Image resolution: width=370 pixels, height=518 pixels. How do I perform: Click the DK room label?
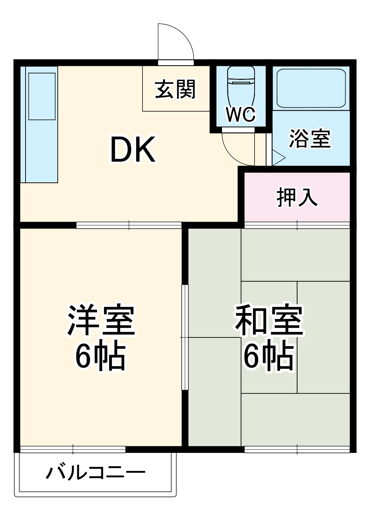point(133,149)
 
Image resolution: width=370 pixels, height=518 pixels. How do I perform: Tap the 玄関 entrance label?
point(175,90)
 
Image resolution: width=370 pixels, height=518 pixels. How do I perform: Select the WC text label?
point(241,115)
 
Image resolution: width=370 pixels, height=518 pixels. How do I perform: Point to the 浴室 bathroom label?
point(310,138)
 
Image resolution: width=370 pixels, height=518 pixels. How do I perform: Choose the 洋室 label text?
point(101,320)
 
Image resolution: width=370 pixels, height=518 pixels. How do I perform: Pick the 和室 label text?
point(269,320)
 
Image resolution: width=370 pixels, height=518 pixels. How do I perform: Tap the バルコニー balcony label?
point(95,473)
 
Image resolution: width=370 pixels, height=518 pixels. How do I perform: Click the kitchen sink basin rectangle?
point(42,96)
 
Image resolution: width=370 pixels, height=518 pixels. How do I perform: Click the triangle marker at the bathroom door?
point(277,157)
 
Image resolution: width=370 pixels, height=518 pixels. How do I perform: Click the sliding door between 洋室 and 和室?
point(185,337)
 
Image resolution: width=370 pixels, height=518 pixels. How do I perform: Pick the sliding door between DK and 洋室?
point(129,225)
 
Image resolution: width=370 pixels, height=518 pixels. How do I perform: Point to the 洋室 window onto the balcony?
point(73,450)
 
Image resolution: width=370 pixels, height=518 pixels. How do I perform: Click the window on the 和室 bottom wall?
point(297,450)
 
